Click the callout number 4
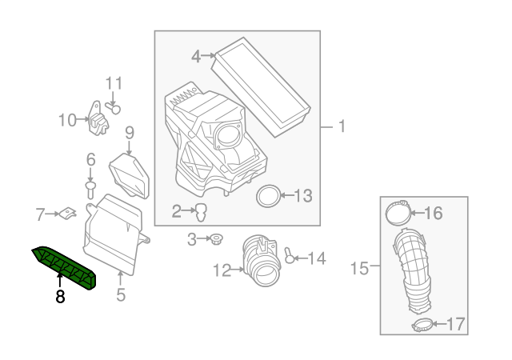click(195, 56)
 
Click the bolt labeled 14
click(289, 258)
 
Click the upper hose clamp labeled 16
click(396, 213)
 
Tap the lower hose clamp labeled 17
click(422, 325)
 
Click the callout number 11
click(114, 83)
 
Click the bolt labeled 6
click(90, 188)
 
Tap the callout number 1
click(341, 126)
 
